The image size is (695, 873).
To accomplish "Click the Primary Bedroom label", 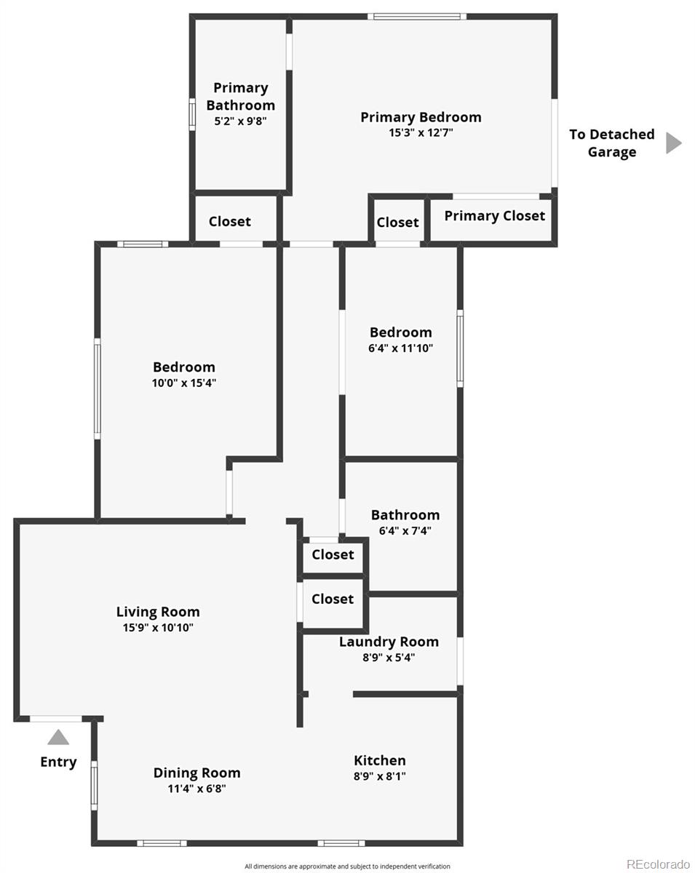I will (421, 117).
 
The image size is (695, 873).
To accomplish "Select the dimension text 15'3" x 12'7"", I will (421, 133).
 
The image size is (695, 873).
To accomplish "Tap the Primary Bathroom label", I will (240, 96).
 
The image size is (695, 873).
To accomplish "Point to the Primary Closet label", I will (494, 216).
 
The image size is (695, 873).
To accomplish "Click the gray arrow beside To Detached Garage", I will (673, 143).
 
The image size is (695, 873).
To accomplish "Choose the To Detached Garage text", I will (611, 143).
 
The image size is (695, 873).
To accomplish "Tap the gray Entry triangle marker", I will (58, 738).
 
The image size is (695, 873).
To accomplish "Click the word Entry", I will (58, 762).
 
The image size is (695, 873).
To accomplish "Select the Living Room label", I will (158, 612).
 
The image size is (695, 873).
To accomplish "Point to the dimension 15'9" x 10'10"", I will (158, 628).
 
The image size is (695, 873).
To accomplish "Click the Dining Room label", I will (196, 773).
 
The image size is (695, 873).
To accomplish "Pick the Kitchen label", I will (380, 760).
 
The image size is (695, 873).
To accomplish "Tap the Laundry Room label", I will (389, 642).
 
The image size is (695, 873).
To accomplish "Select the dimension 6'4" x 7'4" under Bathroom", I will (405, 531).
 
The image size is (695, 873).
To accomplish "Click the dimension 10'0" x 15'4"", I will (184, 383).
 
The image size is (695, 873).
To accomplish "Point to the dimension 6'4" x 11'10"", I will (400, 348).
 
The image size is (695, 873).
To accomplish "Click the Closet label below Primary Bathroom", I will (229, 222).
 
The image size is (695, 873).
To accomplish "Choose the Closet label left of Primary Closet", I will (397, 223).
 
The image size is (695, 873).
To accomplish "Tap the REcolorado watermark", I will (658, 864).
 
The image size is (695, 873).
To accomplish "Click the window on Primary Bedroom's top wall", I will (416, 16).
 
